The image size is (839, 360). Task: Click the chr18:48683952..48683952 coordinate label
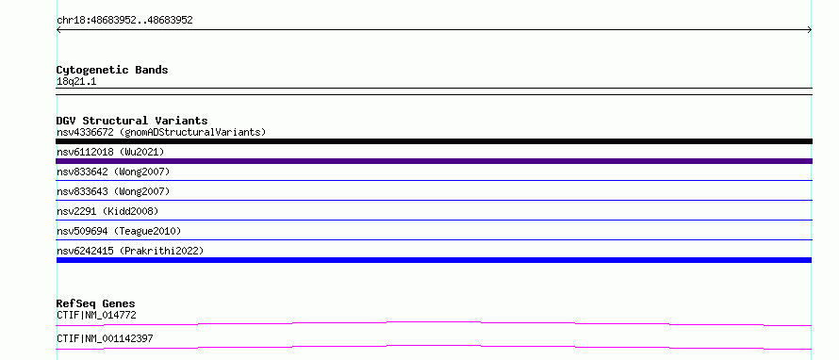[x=124, y=21]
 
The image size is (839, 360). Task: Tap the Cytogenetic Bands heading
[x=112, y=70]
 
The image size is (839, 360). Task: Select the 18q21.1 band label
[x=76, y=82]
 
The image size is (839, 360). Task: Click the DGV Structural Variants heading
[x=132, y=121]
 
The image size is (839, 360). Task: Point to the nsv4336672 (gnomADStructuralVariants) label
[x=161, y=132]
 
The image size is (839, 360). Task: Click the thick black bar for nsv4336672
[x=434, y=141]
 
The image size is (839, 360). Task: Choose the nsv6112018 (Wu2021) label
[x=110, y=152]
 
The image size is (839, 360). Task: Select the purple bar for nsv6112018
[x=434, y=161]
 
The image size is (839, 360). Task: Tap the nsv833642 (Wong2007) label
[x=113, y=172]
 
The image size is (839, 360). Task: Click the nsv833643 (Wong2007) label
[x=113, y=191]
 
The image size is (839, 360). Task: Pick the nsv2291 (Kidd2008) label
[x=107, y=211]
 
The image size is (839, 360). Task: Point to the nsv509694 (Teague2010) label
[x=119, y=231]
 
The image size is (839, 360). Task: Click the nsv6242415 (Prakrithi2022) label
[x=130, y=251]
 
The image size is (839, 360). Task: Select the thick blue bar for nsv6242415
[x=434, y=260]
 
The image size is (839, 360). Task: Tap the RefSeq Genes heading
[x=95, y=303]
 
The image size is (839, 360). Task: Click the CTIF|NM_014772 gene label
[x=96, y=316]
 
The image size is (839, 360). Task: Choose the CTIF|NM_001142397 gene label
[x=105, y=339]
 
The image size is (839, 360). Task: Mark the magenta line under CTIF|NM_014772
[x=434, y=322]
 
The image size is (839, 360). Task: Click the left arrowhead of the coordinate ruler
[x=58, y=30]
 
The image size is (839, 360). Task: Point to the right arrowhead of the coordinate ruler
[x=810, y=30]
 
